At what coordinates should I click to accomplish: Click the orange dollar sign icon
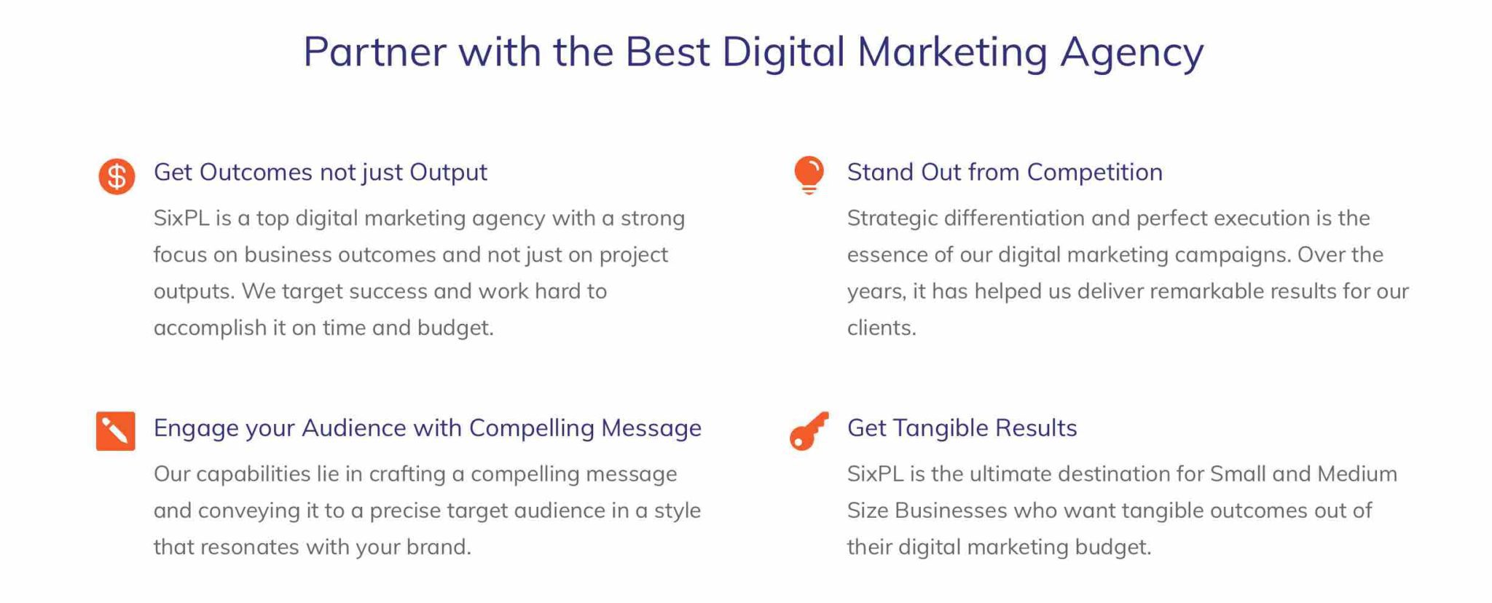click(x=117, y=176)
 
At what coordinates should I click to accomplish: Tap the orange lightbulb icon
click(x=809, y=175)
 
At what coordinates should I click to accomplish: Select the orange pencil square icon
click(x=116, y=431)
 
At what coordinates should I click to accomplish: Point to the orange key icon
click(x=809, y=431)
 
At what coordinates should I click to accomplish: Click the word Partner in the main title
click(x=374, y=52)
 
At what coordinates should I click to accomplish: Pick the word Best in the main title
click(x=667, y=52)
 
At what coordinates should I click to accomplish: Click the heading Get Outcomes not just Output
click(x=321, y=173)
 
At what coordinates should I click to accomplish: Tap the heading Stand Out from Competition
click(x=1005, y=173)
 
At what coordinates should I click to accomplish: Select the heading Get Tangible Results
click(x=962, y=428)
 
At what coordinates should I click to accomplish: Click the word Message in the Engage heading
click(x=651, y=428)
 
